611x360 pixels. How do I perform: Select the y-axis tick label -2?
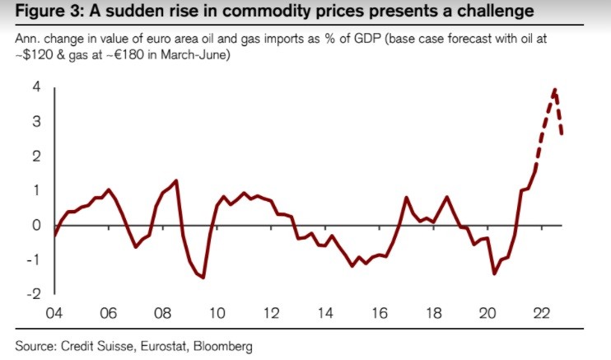[x=36, y=293]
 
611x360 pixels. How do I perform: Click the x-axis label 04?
[x=54, y=313]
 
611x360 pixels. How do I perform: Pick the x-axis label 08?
[x=163, y=313]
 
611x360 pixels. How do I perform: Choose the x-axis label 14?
[x=326, y=313]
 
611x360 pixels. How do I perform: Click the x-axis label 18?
[x=435, y=313]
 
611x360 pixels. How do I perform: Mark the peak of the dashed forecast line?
[x=555, y=89]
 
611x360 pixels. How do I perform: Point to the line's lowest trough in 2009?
[x=203, y=278]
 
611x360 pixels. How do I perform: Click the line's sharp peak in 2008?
[x=177, y=180]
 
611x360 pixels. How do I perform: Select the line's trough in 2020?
[x=494, y=274]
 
